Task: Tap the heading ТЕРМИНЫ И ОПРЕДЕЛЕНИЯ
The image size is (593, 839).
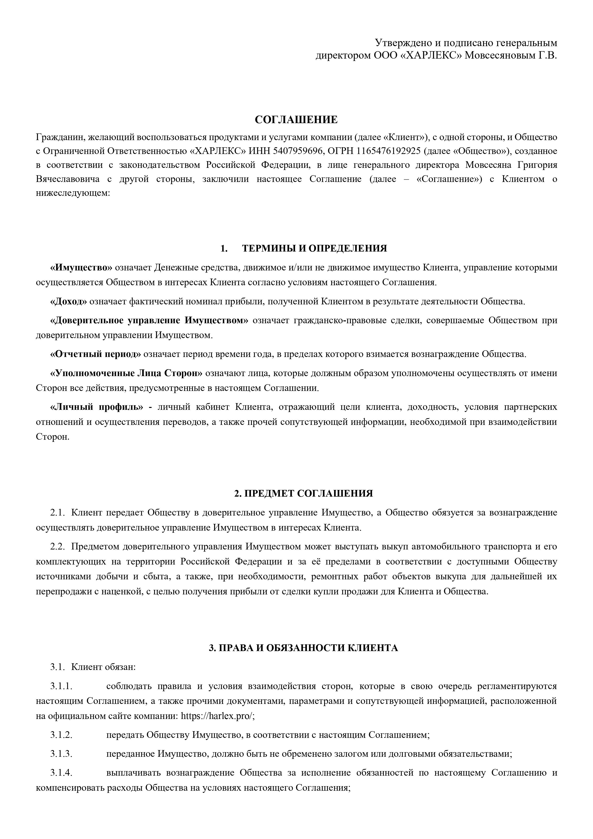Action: coord(314,248)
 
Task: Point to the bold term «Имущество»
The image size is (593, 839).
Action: coord(81,268)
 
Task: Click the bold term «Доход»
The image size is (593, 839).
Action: coord(68,302)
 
